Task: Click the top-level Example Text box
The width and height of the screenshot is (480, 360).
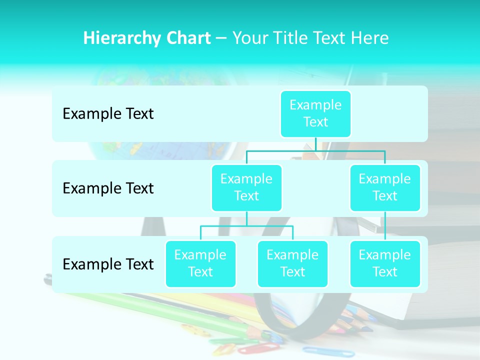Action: point(315,113)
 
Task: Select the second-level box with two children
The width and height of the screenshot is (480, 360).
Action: point(246,187)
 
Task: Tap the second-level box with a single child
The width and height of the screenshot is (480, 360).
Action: point(385,187)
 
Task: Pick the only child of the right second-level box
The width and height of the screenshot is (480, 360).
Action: point(385,263)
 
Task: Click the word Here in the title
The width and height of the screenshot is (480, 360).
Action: point(370,38)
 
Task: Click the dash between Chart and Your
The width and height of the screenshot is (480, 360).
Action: point(221,38)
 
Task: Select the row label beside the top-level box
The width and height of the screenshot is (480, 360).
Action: point(108,113)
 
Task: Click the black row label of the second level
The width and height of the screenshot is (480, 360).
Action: point(108,188)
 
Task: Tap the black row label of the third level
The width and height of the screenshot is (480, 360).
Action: point(108,264)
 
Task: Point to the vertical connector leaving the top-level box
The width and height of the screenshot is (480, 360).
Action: point(315,144)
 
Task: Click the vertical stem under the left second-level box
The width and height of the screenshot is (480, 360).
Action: point(246,218)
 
